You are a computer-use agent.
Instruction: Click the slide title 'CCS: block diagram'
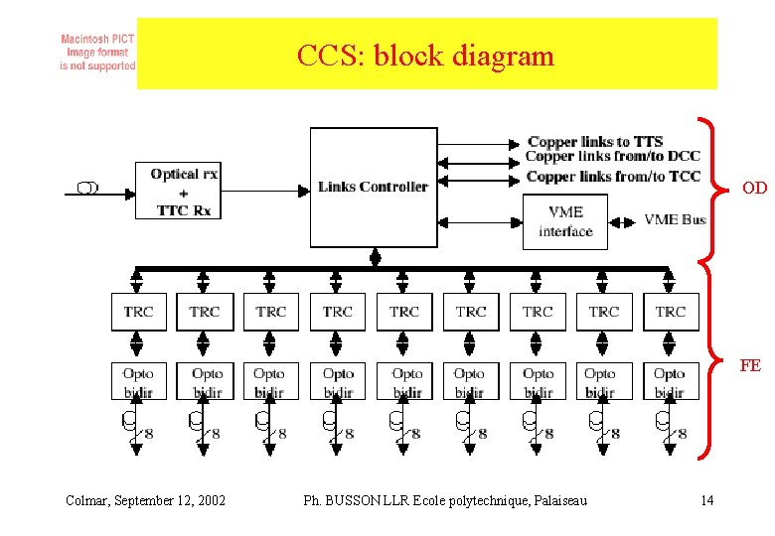(425, 56)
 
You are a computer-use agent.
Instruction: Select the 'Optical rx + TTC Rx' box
(184, 192)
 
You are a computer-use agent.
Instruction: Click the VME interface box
(564, 221)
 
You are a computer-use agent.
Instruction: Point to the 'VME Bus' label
(675, 219)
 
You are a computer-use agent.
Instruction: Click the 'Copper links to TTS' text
(595, 142)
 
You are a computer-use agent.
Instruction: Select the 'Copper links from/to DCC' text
(612, 157)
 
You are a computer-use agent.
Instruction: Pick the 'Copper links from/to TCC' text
(612, 177)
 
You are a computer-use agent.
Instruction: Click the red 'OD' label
(754, 188)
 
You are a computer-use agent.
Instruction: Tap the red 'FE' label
(750, 365)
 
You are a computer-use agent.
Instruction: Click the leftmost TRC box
(138, 312)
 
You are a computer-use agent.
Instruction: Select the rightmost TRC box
(671, 312)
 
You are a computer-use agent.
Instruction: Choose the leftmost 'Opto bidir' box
(138, 382)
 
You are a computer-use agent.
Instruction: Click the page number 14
(706, 500)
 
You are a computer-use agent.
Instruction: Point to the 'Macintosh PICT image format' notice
(97, 53)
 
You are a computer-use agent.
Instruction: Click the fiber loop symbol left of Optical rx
(87, 188)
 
